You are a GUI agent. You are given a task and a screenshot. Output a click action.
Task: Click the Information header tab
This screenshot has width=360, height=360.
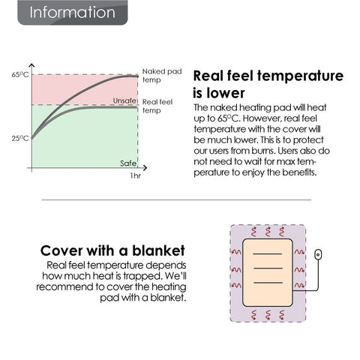click(73, 13)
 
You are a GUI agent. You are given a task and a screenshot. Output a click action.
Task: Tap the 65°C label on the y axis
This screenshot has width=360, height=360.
click(20, 74)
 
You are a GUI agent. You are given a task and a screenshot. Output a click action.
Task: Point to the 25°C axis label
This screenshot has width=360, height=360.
click(20, 138)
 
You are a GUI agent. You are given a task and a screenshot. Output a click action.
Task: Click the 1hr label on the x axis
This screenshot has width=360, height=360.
click(136, 175)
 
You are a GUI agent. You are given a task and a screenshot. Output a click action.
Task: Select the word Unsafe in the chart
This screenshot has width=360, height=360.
click(124, 100)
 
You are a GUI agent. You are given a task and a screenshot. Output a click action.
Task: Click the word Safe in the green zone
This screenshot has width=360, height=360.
click(128, 163)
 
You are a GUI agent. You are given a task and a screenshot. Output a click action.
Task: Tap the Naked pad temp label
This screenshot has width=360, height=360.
click(162, 76)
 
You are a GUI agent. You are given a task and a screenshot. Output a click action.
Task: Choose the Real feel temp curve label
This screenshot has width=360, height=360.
click(157, 106)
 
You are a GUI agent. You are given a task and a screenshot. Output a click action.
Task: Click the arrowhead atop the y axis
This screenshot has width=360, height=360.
click(31, 65)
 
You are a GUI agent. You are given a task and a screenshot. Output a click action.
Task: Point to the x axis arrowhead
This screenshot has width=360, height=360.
click(145, 168)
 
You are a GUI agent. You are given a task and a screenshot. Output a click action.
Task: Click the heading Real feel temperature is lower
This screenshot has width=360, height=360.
click(268, 84)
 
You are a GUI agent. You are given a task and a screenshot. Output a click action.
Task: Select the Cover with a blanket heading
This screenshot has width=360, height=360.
click(112, 250)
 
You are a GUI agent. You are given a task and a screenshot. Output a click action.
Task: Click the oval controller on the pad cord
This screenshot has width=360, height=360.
click(318, 254)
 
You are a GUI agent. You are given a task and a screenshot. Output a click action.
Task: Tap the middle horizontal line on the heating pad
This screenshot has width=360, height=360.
click(268, 268)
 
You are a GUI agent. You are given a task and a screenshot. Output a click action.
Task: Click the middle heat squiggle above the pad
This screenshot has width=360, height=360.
click(268, 232)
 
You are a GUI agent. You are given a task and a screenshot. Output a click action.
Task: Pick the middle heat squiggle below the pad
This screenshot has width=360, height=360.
click(268, 315)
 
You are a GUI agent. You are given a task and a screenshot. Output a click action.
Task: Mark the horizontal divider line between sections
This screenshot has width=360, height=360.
click(176, 200)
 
